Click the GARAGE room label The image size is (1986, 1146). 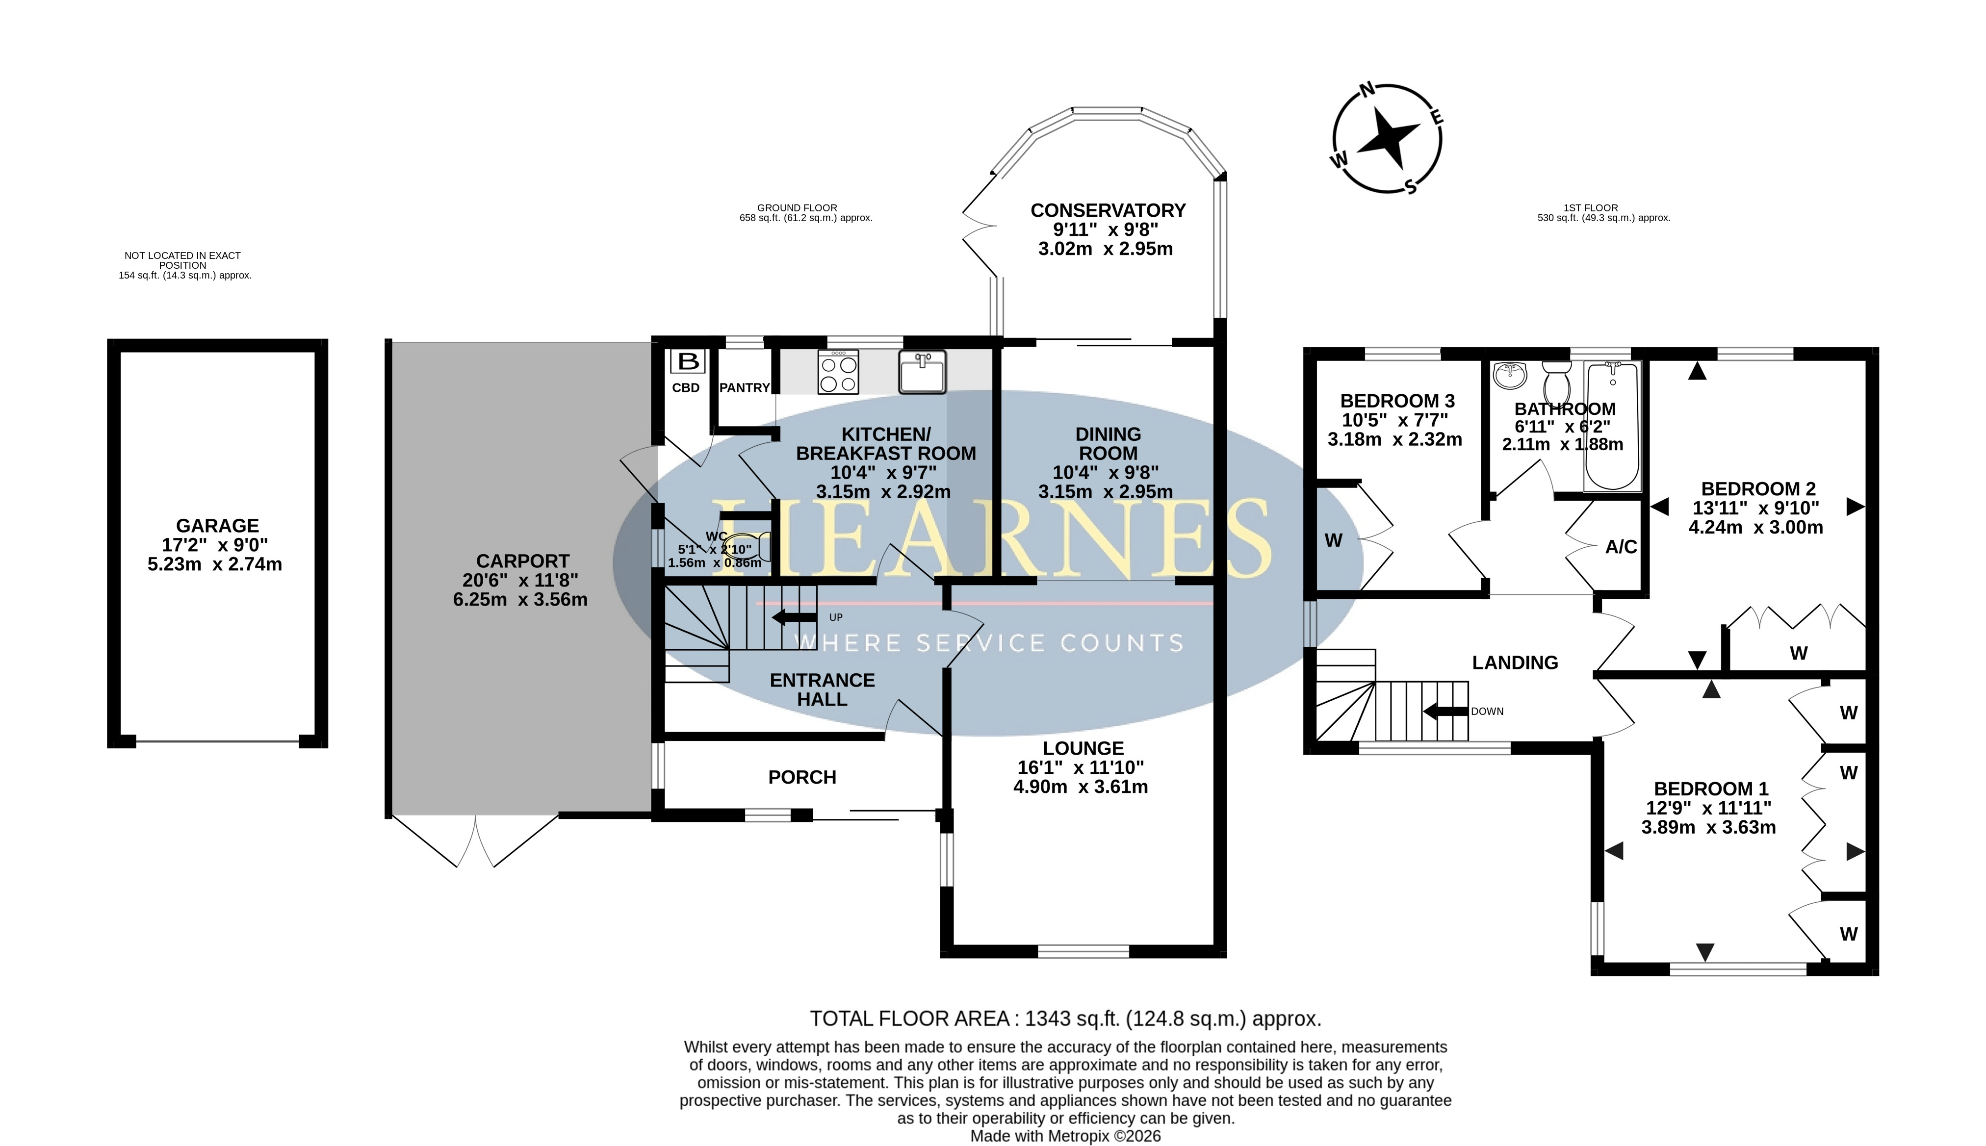pos(217,526)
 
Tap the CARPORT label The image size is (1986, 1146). pos(523,561)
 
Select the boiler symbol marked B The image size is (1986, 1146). pos(688,362)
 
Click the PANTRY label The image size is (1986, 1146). pos(745,388)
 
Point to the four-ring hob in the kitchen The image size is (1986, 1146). pos(838,372)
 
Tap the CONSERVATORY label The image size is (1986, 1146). pos(1108,211)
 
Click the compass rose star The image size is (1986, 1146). pos(1389,138)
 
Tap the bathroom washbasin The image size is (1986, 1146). pos(1509,376)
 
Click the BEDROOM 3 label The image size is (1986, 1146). pos(1397,402)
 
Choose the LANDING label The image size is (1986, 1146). pos(1515,662)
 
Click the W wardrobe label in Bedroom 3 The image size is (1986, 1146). pos(1334,541)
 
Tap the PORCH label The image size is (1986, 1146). pos(802,778)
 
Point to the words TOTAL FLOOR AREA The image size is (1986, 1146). pos(910,1019)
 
